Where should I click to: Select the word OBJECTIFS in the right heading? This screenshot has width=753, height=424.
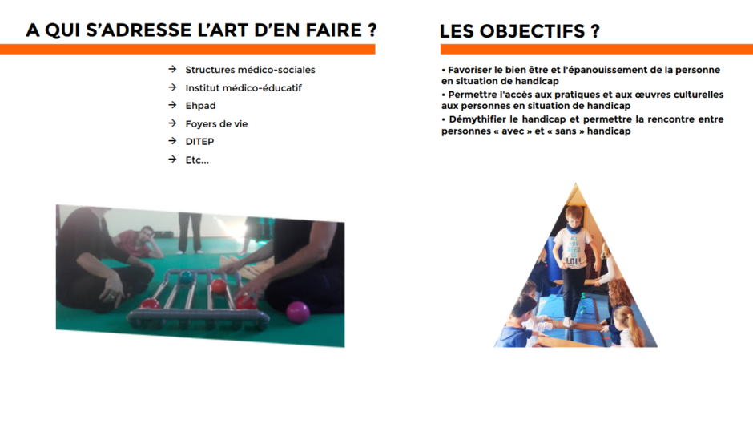tap(532, 31)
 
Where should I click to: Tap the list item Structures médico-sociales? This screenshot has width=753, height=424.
tap(250, 70)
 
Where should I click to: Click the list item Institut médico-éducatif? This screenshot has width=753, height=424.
tap(244, 88)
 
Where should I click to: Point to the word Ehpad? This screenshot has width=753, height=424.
tap(201, 106)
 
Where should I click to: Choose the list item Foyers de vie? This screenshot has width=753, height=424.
tap(216, 124)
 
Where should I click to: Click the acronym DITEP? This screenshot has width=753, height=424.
tap(199, 142)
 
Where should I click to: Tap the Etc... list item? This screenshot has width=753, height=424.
tap(197, 160)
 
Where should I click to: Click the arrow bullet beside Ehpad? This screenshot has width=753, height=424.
tap(172, 105)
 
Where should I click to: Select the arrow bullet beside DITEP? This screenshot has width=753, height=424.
tap(172, 141)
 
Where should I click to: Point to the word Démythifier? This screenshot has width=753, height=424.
tap(477, 119)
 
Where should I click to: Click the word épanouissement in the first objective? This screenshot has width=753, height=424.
tap(607, 71)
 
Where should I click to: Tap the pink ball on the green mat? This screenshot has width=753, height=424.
tap(298, 312)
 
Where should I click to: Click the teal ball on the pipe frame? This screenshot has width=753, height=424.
tap(185, 277)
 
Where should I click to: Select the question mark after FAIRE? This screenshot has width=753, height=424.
tap(372, 30)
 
